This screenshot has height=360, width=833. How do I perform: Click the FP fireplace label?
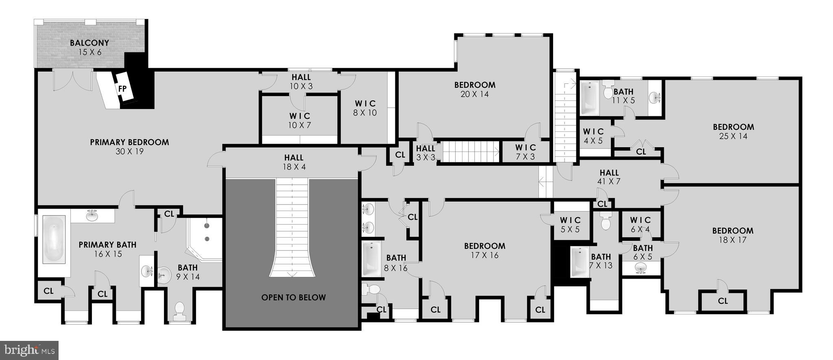(122, 89)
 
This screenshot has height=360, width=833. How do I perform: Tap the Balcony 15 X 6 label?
(89, 47)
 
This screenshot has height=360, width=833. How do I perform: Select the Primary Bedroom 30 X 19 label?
(129, 146)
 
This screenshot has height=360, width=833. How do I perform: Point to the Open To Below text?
(293, 297)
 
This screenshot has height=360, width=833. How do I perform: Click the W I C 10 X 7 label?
(300, 120)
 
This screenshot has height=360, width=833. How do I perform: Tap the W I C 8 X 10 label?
(365, 108)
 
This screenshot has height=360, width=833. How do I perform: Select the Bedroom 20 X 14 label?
(475, 89)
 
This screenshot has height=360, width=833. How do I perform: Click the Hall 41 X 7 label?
(609, 177)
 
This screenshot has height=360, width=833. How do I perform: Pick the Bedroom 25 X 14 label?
(733, 131)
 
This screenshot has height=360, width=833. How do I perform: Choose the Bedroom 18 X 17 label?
(733, 235)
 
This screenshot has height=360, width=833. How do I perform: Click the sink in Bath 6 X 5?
(641, 268)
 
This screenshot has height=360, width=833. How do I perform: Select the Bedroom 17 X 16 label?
(484, 250)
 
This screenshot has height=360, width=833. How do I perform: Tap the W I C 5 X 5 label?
(570, 225)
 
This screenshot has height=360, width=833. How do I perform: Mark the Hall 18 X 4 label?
(294, 162)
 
